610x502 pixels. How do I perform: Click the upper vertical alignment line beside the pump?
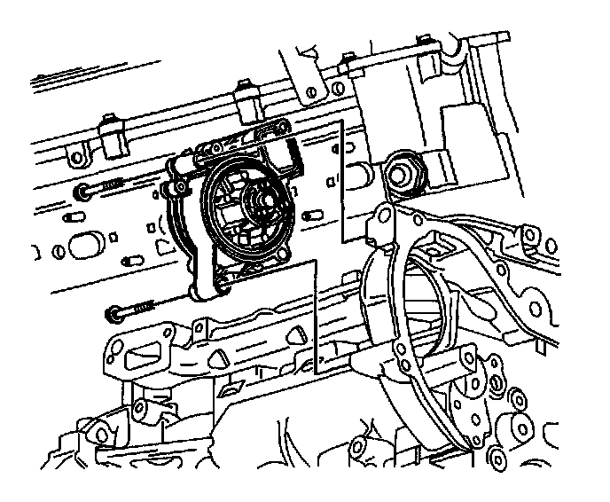click(342, 177)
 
